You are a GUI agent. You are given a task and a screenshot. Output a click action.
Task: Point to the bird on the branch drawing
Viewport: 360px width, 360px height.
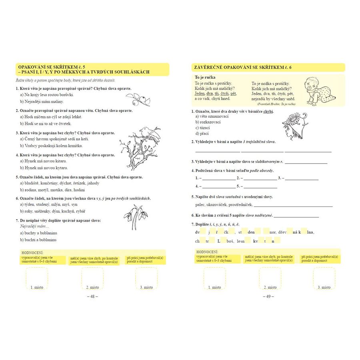coord(146,132)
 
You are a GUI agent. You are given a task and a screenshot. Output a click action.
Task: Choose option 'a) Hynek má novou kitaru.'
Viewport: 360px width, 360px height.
coord(44,161)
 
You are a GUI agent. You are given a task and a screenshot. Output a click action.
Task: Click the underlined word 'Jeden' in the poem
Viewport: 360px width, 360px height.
coord(200,93)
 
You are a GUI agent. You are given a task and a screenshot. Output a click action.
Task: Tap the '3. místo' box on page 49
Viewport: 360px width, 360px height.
coord(324,278)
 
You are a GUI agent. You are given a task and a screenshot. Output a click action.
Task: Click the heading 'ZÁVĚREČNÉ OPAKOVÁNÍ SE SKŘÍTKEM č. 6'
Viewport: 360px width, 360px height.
coord(243,67)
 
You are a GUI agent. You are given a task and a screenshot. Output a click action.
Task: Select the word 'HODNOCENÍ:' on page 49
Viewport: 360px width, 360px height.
coord(207,252)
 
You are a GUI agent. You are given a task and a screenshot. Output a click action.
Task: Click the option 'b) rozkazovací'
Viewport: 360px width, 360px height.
coord(208,122)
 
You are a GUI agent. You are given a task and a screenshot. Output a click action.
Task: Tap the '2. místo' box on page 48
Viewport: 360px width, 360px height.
coord(92,278)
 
